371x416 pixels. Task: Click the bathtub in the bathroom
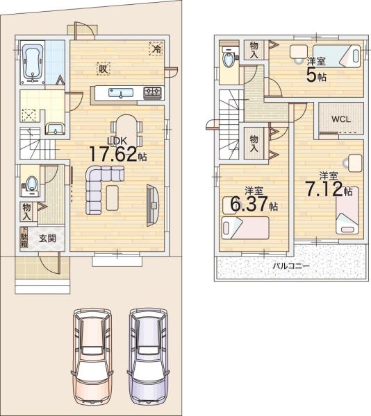click(x=32, y=62)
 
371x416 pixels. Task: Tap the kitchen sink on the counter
click(x=121, y=93)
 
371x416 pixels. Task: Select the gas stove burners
click(x=153, y=93)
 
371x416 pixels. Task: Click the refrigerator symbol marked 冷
click(x=156, y=49)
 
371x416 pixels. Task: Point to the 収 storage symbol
click(x=103, y=69)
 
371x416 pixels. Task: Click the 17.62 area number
click(x=113, y=154)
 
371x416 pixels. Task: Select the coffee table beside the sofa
click(x=112, y=198)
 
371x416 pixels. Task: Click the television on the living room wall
click(x=153, y=205)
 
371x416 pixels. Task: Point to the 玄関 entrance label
click(x=47, y=239)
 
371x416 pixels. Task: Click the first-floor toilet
click(x=31, y=185)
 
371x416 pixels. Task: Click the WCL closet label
click(x=340, y=119)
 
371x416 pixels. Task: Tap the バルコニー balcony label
click(x=291, y=266)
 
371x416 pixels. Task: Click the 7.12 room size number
click(x=324, y=189)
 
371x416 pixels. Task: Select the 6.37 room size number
click(x=249, y=204)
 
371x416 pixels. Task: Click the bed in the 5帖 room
click(x=336, y=55)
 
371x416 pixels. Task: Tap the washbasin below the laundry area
click(x=55, y=129)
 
